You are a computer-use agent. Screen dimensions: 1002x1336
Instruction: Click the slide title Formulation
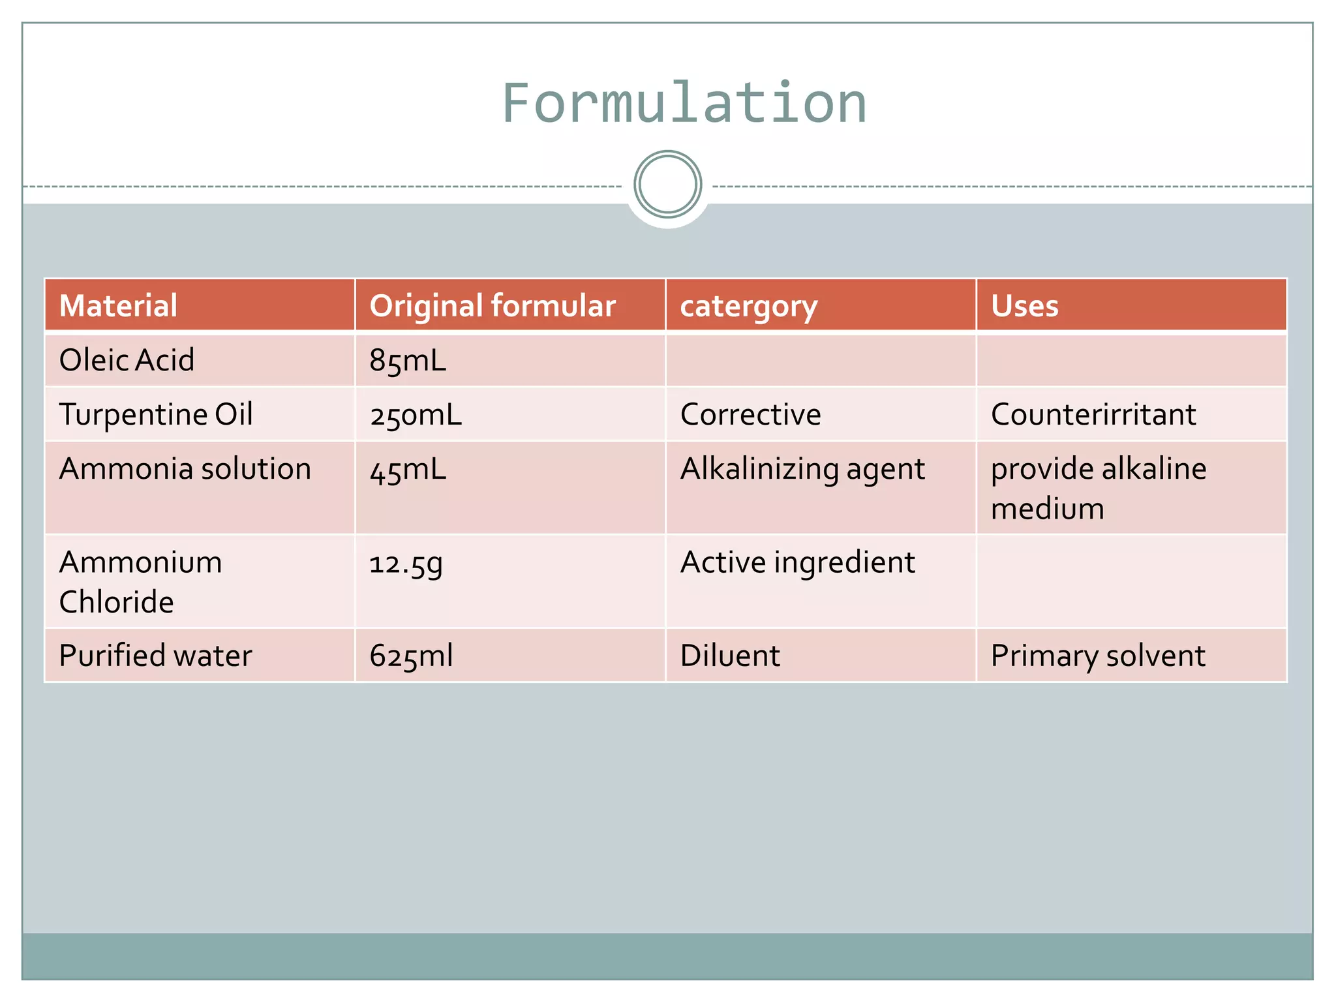684,103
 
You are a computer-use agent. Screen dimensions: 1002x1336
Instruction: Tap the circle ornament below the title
667,185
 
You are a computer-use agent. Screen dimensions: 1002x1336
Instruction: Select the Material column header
118,305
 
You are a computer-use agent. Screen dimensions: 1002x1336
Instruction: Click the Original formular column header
493,305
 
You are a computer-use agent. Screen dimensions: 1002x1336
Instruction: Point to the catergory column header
748,306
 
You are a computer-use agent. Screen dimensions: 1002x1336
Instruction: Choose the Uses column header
1024,305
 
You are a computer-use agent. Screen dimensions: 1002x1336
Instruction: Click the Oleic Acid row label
127,360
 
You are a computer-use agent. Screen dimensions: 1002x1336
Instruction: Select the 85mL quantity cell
408,360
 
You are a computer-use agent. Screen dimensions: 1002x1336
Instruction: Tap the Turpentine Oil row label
156,414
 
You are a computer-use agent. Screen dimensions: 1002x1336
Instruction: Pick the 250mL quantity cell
416,415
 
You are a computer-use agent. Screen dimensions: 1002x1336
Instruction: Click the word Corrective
750,414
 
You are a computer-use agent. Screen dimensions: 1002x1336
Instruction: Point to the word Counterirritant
1093,414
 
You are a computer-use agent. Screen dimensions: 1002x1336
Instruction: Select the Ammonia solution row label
185,468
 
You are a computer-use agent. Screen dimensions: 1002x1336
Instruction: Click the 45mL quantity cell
408,469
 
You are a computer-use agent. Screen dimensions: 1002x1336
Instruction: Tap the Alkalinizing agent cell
802,469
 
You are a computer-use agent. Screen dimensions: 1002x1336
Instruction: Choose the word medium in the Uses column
1047,509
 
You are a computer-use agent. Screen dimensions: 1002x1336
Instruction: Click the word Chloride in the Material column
117,601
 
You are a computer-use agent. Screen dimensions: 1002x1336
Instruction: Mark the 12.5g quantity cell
406,563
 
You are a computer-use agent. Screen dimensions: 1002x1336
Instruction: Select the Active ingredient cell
797,562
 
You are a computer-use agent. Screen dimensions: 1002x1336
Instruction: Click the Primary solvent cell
1098,656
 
